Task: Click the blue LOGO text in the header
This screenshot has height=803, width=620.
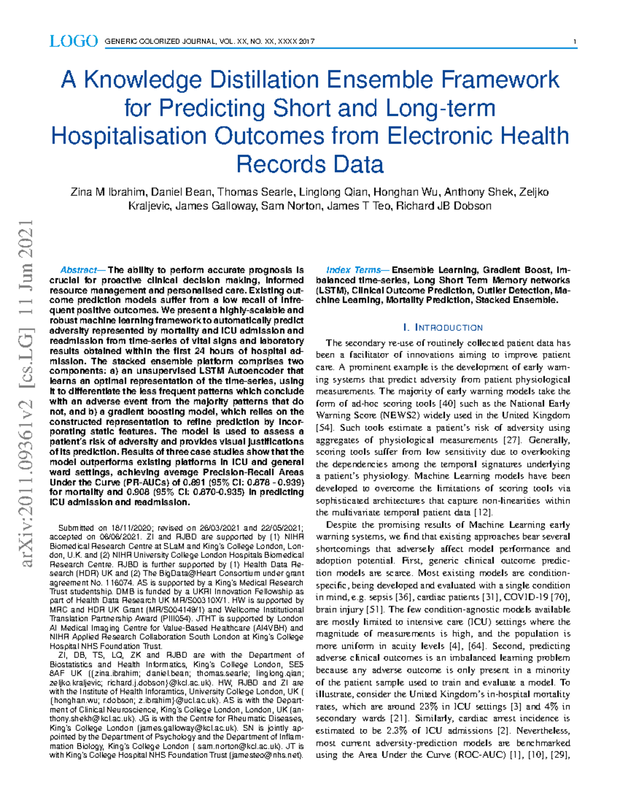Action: point(73,41)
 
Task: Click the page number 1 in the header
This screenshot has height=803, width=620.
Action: point(575,42)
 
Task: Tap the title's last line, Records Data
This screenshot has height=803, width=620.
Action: point(309,164)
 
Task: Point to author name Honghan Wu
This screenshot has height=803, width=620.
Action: point(405,192)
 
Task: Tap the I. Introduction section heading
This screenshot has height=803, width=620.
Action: point(442,328)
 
